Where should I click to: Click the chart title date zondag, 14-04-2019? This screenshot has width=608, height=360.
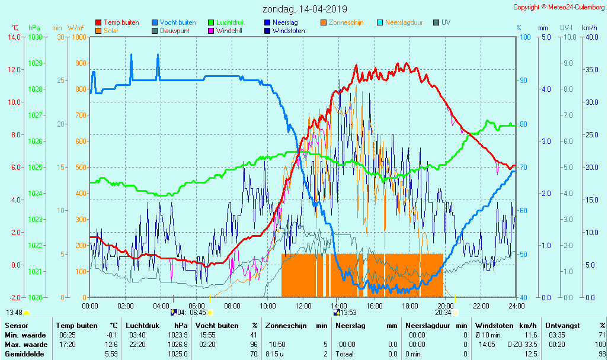click(305, 9)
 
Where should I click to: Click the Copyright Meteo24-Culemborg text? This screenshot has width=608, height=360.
click(558, 7)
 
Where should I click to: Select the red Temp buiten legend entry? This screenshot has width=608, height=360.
click(121, 22)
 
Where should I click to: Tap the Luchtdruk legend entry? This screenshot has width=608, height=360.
click(234, 22)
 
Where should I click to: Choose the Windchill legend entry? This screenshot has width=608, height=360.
click(228, 31)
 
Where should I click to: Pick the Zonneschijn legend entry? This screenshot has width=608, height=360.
click(347, 22)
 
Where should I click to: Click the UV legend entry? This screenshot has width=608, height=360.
click(446, 22)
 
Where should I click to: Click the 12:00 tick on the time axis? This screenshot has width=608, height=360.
click(303, 306)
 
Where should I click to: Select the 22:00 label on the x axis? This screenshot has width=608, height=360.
click(481, 306)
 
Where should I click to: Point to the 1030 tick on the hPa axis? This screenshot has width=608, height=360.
click(35, 37)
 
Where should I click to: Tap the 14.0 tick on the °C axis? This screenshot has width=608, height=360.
click(14, 37)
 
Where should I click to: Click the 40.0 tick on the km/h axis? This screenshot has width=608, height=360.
click(590, 37)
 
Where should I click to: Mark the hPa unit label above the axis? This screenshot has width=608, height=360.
click(34, 28)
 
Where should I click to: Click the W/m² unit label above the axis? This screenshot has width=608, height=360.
click(75, 28)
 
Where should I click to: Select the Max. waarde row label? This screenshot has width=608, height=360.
click(26, 345)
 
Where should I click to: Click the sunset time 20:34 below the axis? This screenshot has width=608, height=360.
click(443, 312)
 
